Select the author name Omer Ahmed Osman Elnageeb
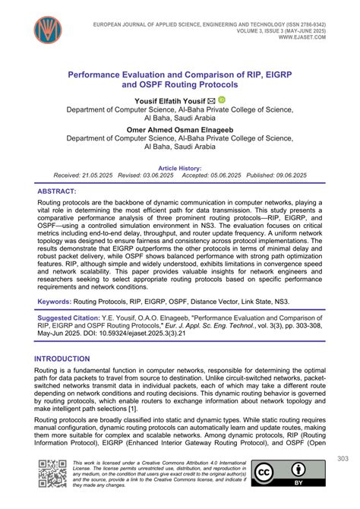coord(179,129)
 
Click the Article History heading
coord(179,167)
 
